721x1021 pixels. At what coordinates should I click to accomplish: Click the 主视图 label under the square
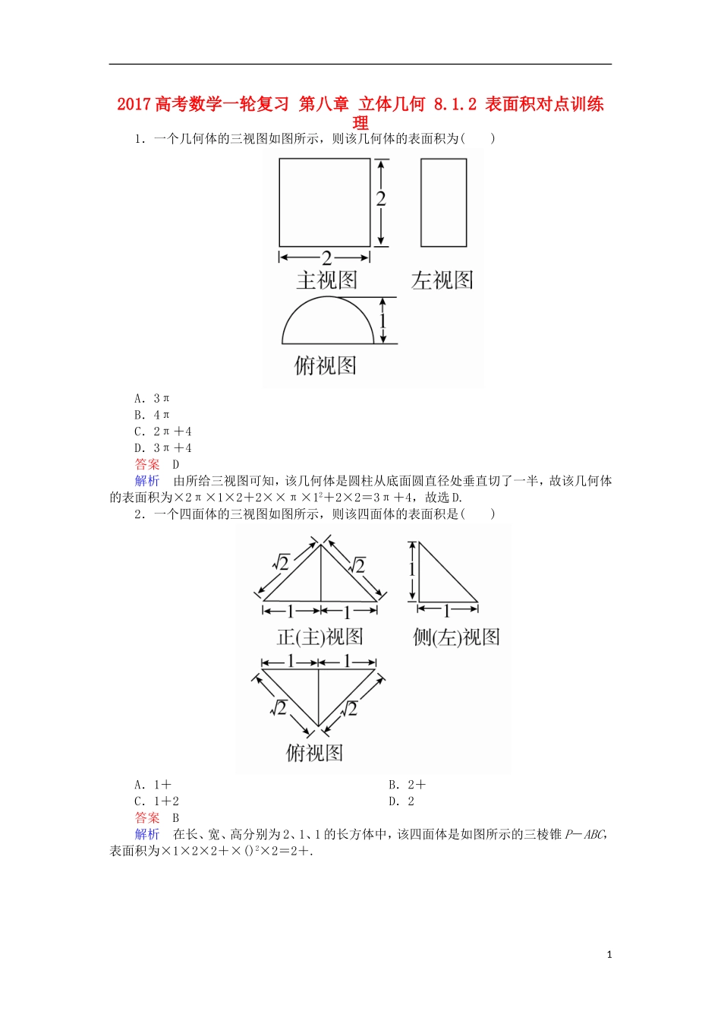326,281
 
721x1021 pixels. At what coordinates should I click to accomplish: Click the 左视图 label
442,281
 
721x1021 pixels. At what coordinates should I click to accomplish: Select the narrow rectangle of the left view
443,202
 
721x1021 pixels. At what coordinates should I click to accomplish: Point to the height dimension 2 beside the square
381,199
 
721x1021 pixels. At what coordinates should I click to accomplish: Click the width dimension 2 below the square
326,258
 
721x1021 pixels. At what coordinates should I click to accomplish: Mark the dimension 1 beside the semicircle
383,320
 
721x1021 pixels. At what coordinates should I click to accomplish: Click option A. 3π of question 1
152,398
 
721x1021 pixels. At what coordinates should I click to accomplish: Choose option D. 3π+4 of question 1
162,448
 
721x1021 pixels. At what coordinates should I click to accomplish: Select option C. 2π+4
162,431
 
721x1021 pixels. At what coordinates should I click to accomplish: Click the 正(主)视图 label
320,637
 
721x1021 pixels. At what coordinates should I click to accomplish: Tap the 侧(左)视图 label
456,637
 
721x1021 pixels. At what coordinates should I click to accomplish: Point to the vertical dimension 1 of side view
412,569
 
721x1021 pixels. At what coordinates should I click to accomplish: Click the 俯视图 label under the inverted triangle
314,753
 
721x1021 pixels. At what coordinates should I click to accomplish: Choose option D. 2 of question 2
401,801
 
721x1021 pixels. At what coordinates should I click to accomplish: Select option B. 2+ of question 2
407,785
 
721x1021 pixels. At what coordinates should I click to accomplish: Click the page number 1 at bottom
609,955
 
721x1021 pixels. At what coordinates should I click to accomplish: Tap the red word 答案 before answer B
147,818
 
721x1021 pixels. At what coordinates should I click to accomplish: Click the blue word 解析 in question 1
147,481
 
